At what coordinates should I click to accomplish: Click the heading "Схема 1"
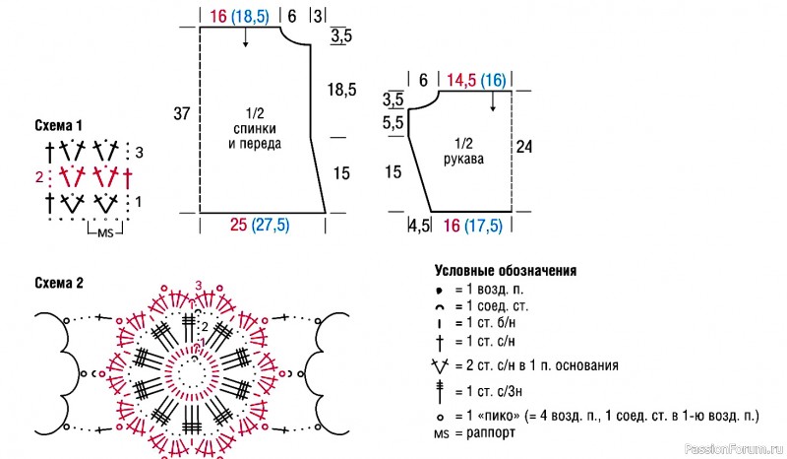pyautogui.click(x=58, y=125)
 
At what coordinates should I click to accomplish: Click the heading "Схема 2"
pyautogui.click(x=59, y=283)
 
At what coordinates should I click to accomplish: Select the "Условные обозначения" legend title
pyautogui.click(x=506, y=271)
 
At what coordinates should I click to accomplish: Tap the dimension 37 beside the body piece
pyautogui.click(x=182, y=113)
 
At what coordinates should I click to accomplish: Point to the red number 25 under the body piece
pyautogui.click(x=238, y=225)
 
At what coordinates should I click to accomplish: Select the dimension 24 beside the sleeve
pyautogui.click(x=524, y=147)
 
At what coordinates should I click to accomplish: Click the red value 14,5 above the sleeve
pyautogui.click(x=461, y=81)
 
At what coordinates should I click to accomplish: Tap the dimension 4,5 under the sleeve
pyautogui.click(x=419, y=226)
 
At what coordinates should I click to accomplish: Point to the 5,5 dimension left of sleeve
pyautogui.click(x=393, y=123)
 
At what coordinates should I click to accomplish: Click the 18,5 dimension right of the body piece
pyautogui.click(x=341, y=90)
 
